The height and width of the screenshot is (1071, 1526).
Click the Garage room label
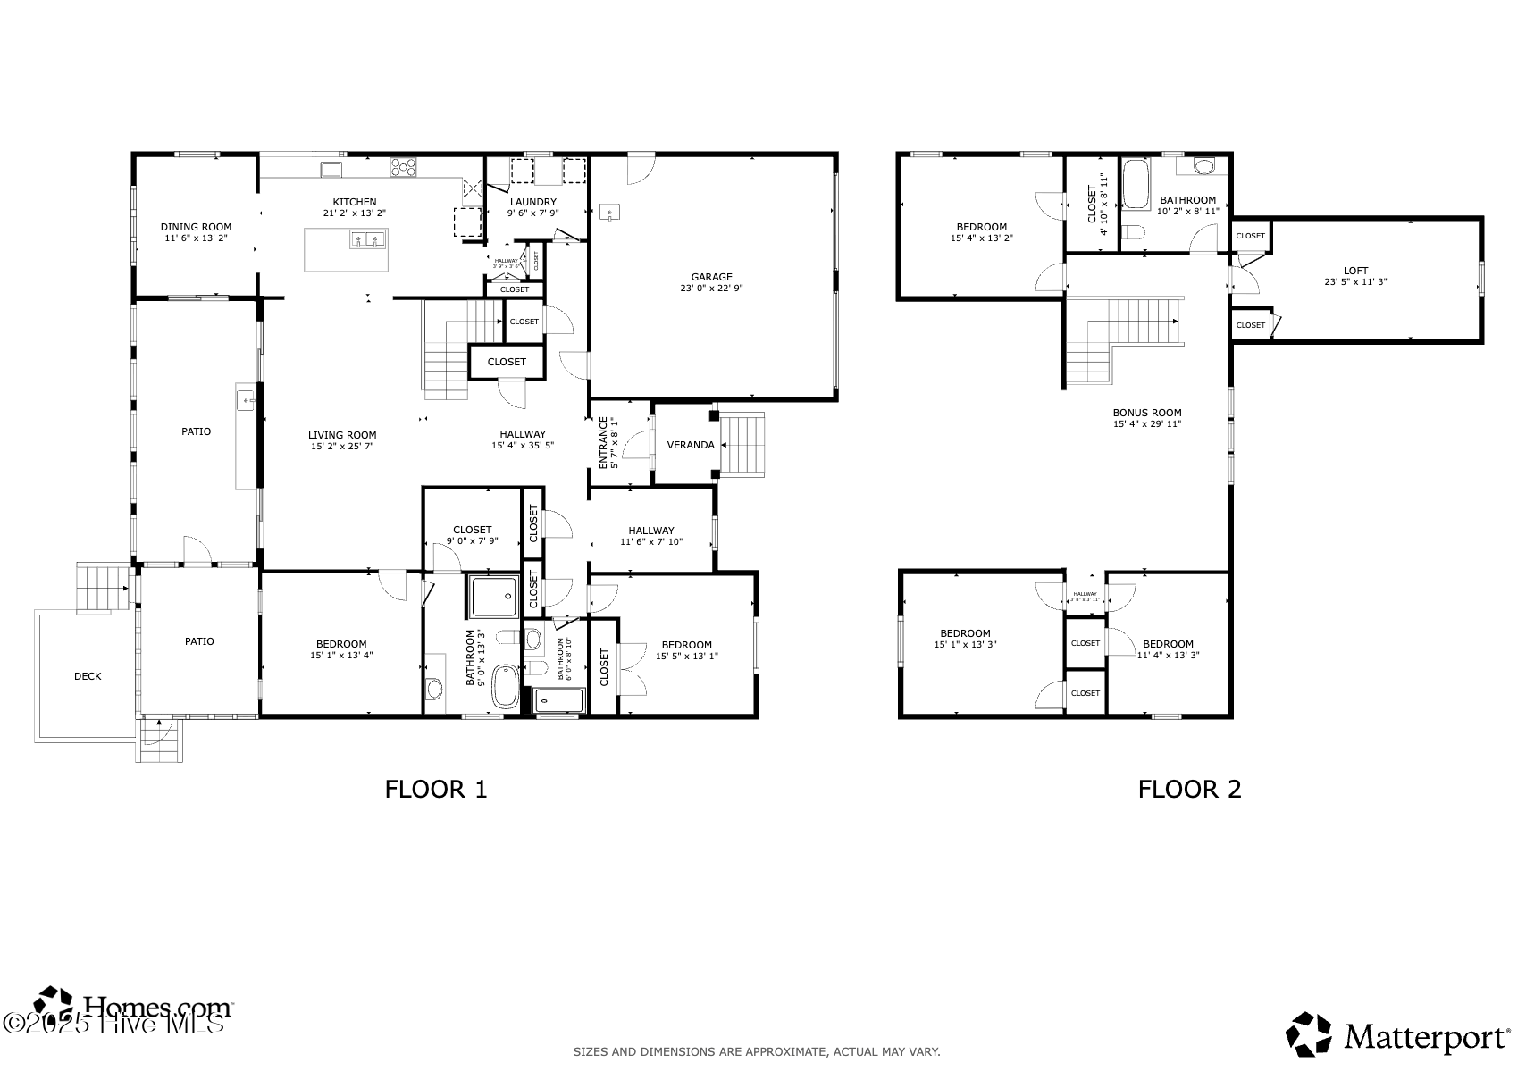click(711, 277)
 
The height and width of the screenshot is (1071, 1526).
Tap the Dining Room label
click(196, 227)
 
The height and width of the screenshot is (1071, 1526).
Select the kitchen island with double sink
click(347, 249)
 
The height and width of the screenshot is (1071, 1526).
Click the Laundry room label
click(532, 202)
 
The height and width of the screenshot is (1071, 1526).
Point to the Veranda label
click(690, 445)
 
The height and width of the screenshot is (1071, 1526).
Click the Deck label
click(88, 676)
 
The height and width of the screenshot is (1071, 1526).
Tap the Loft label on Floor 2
click(1355, 271)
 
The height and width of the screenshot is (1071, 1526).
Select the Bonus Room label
click(1146, 413)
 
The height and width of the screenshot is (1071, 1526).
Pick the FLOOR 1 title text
click(436, 789)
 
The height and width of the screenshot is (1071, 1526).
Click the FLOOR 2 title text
click(1189, 789)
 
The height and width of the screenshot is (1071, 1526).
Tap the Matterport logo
click(1397, 1037)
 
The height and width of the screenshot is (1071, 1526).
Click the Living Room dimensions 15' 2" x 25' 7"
click(342, 446)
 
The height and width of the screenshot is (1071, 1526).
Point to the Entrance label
click(603, 443)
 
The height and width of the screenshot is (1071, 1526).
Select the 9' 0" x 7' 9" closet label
click(472, 540)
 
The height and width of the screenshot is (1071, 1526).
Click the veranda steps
click(743, 444)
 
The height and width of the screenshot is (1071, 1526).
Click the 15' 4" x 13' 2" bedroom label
click(981, 238)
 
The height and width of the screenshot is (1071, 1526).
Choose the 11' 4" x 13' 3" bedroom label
click(1168, 655)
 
